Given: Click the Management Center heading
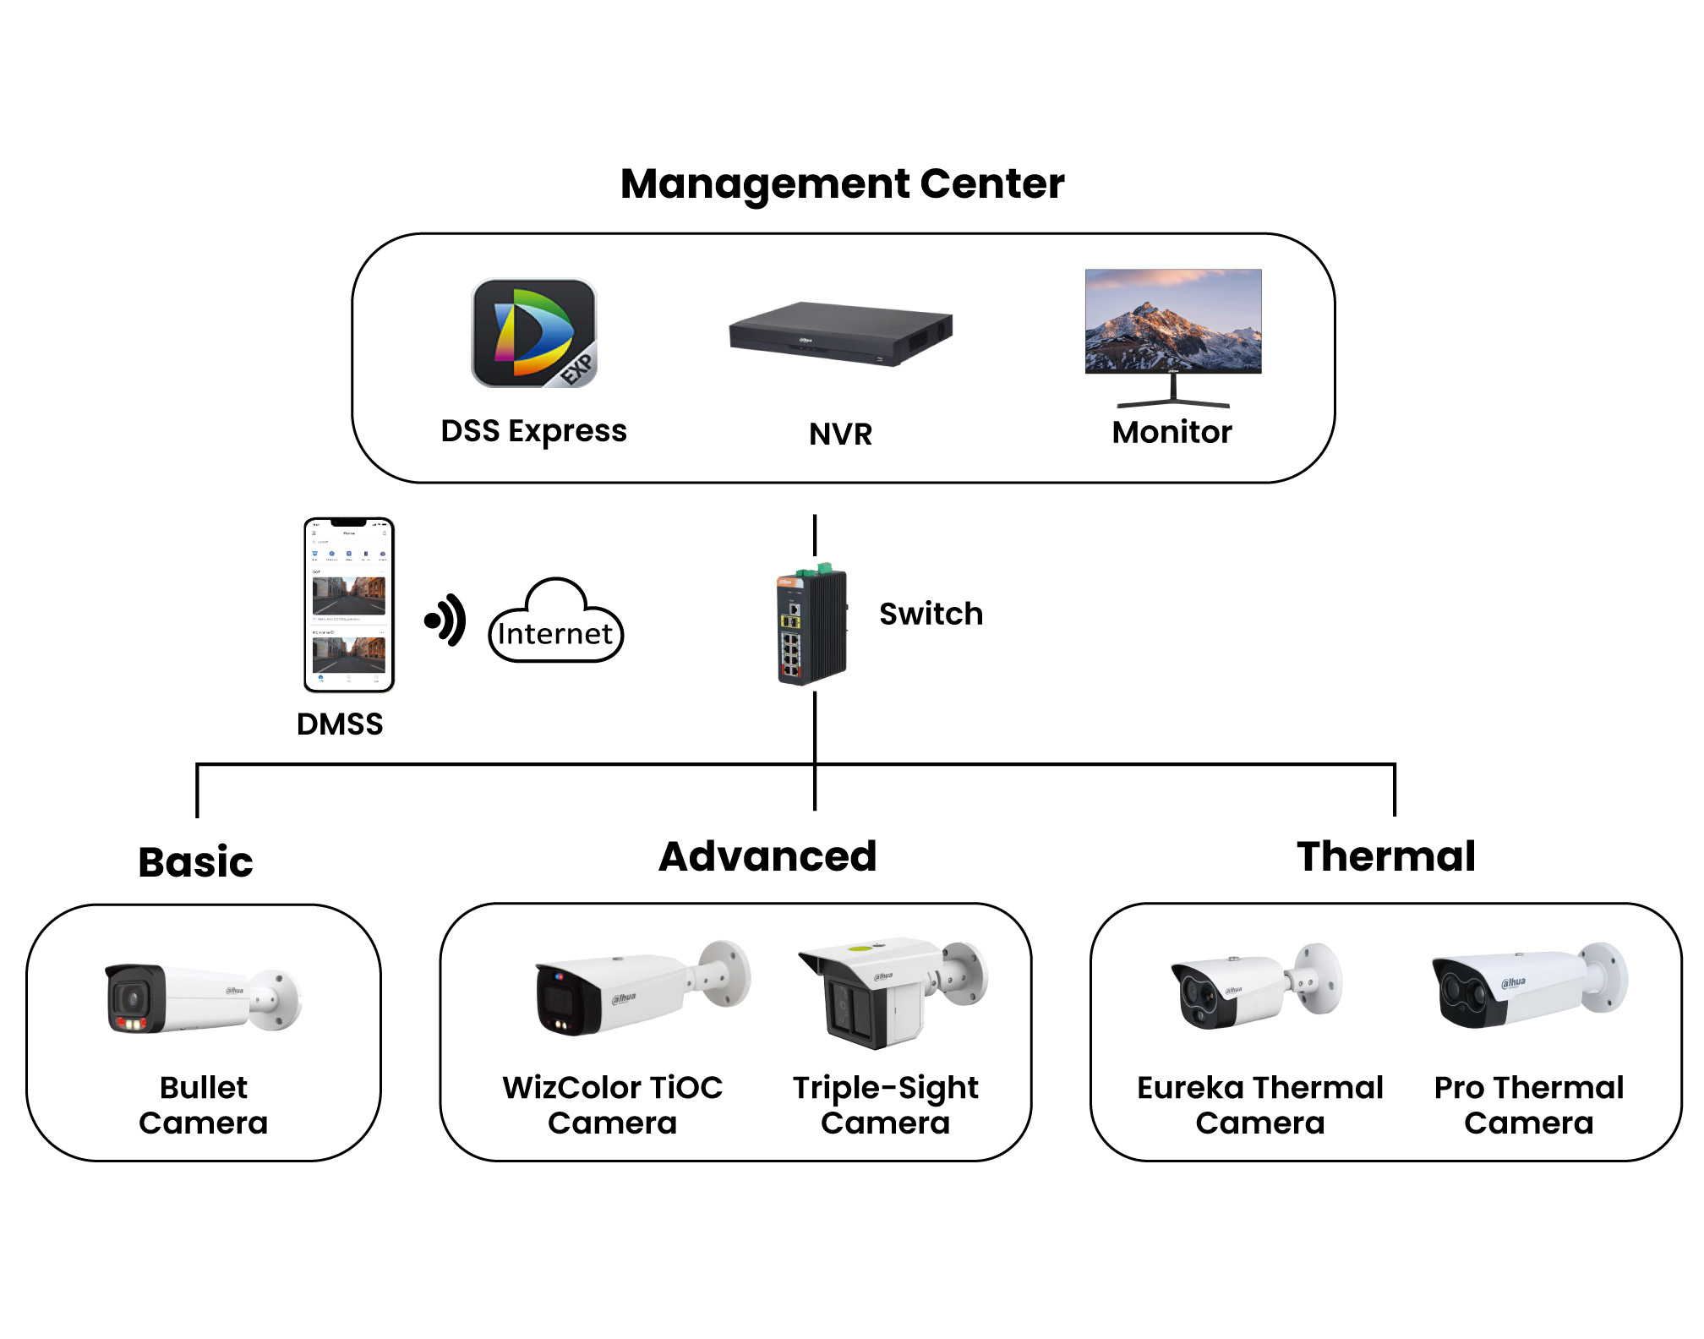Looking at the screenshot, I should click(842, 183).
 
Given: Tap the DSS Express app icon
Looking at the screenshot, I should click(533, 333).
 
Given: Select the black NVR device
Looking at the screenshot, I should click(840, 333).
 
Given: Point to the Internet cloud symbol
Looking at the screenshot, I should click(555, 622).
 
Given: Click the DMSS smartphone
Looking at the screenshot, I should click(349, 604).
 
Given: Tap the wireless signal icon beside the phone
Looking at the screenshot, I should click(446, 620).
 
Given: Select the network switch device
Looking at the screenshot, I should click(811, 625).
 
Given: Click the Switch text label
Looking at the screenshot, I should click(931, 614).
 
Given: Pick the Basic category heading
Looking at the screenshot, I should click(195, 862).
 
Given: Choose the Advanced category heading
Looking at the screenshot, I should click(767, 856).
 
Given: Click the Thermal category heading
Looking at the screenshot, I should click(1386, 856).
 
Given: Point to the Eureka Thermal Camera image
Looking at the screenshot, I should click(1256, 985).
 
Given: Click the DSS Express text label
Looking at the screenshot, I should click(533, 431).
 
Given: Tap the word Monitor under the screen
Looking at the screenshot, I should click(1171, 432).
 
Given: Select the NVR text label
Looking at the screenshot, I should click(840, 434).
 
